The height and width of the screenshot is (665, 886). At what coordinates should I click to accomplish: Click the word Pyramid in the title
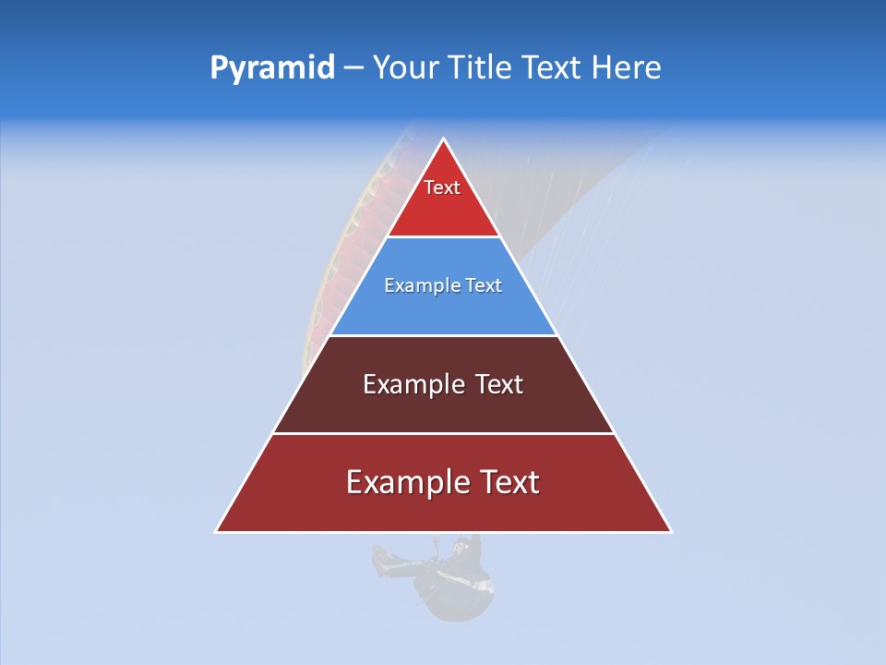tap(272, 68)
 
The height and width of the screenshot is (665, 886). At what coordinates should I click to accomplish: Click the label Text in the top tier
tap(442, 188)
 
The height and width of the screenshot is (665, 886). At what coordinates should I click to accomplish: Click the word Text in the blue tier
tap(484, 286)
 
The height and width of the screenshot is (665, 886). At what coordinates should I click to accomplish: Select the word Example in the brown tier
tap(412, 385)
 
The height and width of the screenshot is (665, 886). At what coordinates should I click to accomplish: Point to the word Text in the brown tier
tap(499, 385)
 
